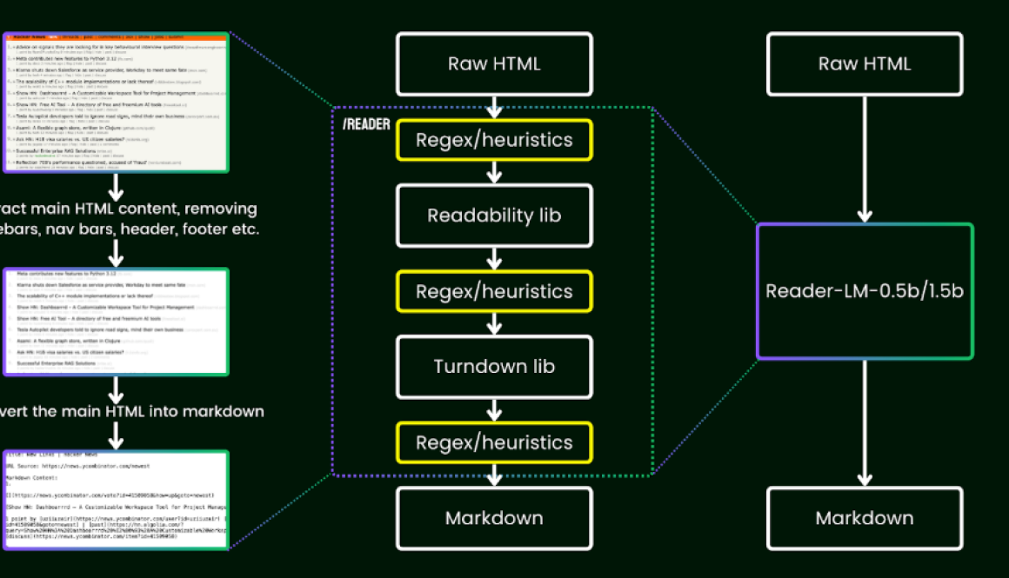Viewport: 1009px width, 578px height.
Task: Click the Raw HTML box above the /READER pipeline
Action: click(x=494, y=64)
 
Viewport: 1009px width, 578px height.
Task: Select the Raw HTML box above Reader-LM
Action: click(x=865, y=64)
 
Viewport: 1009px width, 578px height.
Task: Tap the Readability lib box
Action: click(x=494, y=215)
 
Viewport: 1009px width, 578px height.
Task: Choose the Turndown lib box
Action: click(x=494, y=366)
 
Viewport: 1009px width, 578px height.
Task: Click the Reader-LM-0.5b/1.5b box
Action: click(x=865, y=291)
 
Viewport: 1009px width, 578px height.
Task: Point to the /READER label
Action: click(x=366, y=124)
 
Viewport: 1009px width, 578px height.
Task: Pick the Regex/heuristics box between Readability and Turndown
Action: click(x=494, y=291)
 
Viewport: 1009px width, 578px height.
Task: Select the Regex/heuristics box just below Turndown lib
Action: click(x=494, y=442)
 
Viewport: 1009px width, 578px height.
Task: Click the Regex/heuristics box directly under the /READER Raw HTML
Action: click(x=494, y=140)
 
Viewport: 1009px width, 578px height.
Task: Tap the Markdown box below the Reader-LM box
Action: click(x=865, y=518)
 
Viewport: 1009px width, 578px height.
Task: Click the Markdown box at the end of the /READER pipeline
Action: click(x=494, y=518)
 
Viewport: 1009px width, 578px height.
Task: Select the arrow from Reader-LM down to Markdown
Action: click(x=865, y=422)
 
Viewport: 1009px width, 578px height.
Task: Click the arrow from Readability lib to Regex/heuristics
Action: click(x=494, y=258)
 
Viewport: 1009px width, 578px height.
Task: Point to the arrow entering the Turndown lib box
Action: click(x=494, y=323)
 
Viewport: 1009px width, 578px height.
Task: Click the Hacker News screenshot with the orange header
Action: click(x=117, y=103)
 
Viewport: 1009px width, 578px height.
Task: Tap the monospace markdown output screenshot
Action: click(x=117, y=500)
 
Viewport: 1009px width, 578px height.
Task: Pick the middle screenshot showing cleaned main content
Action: click(x=117, y=322)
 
